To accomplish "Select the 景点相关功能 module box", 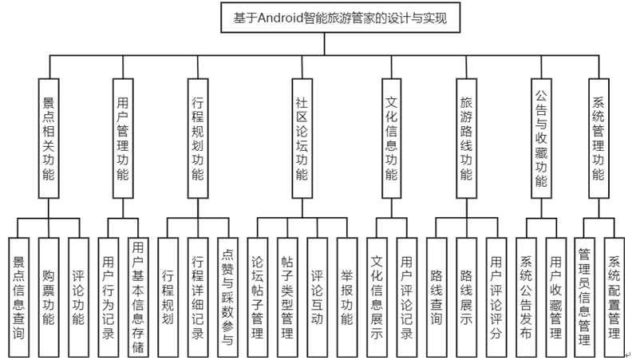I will click(49, 138).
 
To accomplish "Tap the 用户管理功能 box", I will click(122, 138).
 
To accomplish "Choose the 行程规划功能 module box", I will click(198, 138).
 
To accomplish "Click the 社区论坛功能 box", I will click(301, 138).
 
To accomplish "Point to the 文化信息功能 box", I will click(391, 138).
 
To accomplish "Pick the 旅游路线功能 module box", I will click(466, 138).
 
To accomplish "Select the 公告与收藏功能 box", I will click(540, 138).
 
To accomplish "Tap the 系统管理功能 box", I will click(599, 138).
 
